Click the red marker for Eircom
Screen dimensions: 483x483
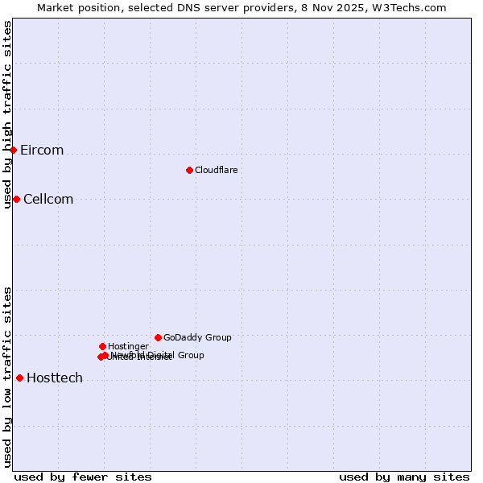tap(14, 150)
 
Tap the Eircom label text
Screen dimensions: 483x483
tap(42, 151)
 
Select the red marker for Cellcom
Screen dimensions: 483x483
tap(16, 199)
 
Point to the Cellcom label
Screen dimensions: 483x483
tap(48, 200)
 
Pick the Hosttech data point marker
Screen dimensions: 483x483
tap(19, 378)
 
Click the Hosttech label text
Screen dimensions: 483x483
tap(55, 378)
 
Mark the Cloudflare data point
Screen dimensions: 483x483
tap(189, 170)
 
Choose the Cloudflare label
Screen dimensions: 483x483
tap(216, 171)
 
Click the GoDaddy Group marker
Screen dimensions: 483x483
tap(158, 337)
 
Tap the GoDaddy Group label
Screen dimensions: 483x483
tap(197, 338)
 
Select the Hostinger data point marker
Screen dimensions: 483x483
tap(102, 346)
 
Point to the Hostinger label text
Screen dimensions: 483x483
tap(128, 347)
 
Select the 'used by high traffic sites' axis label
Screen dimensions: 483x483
tap(7, 114)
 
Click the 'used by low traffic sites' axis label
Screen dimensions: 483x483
tap(7, 377)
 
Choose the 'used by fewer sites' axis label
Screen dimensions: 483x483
tap(83, 477)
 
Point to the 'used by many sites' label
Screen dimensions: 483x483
tap(404, 477)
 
